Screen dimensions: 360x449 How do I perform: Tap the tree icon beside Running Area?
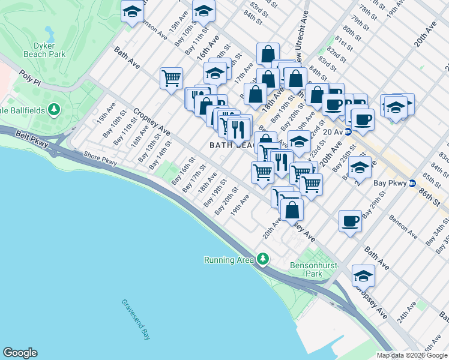262,259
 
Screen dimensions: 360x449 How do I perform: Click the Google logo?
20,353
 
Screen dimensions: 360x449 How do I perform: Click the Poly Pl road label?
28,77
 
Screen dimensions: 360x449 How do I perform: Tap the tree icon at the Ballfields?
55,109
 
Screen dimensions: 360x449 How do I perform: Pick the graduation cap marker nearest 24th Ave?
363,275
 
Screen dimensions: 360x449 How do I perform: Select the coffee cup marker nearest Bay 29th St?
351,221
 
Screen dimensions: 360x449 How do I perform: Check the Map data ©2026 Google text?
412,355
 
